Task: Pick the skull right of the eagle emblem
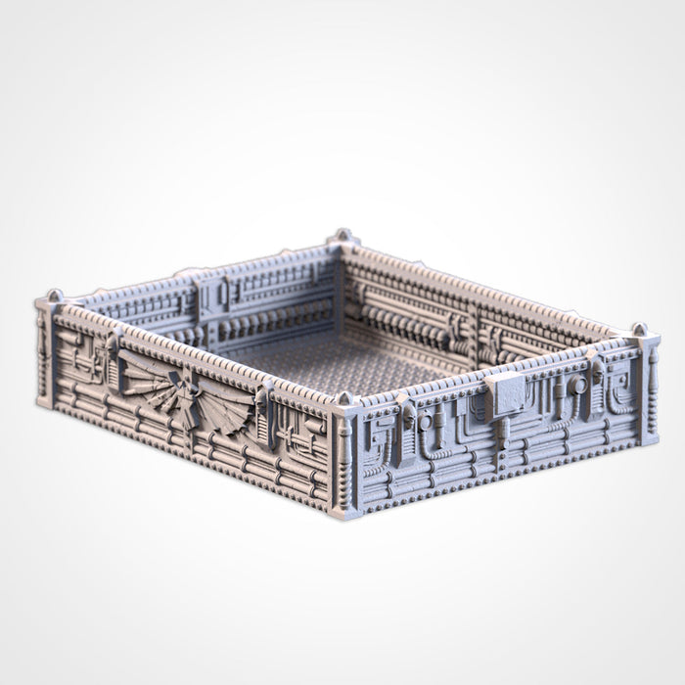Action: point(262,399)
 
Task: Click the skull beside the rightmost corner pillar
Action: point(594,372)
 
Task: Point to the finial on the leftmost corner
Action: point(55,296)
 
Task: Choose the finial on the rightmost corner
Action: point(639,330)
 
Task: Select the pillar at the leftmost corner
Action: point(45,352)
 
